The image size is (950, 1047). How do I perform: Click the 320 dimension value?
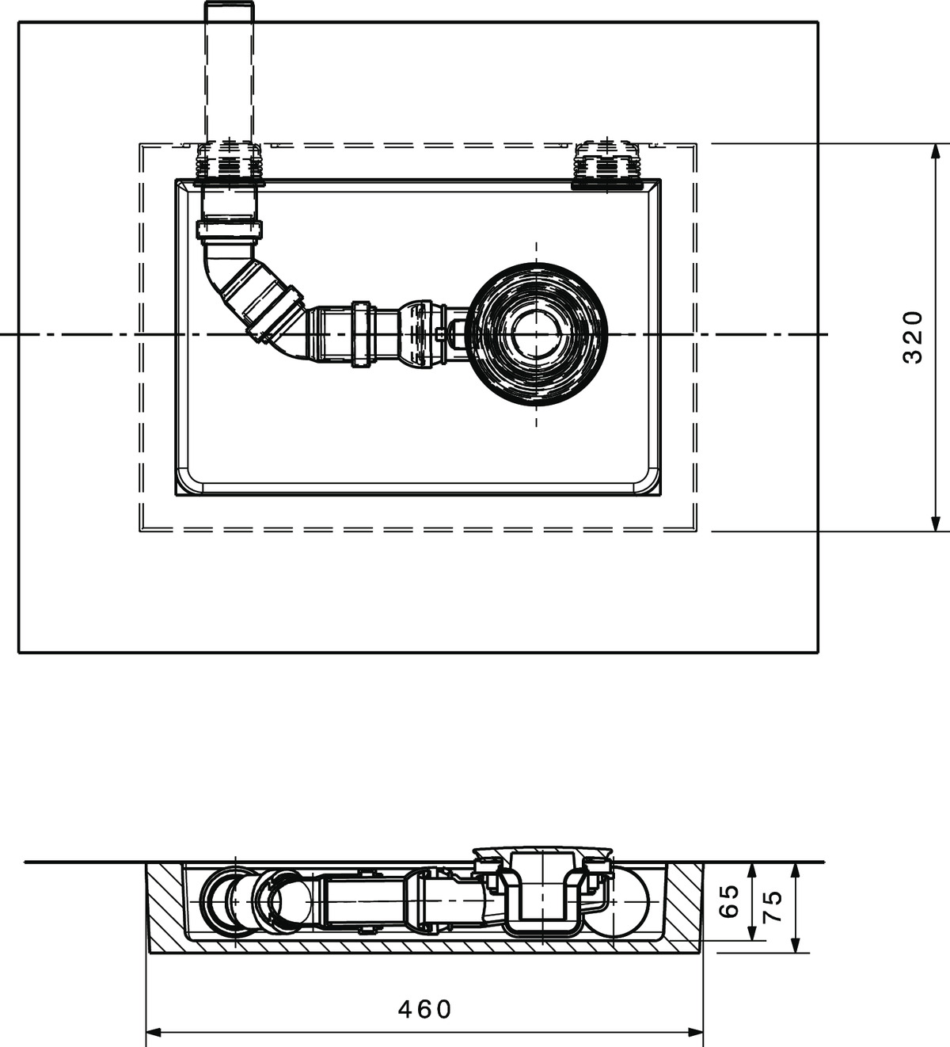coord(913,337)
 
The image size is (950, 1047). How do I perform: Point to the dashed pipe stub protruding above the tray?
coord(230,73)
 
